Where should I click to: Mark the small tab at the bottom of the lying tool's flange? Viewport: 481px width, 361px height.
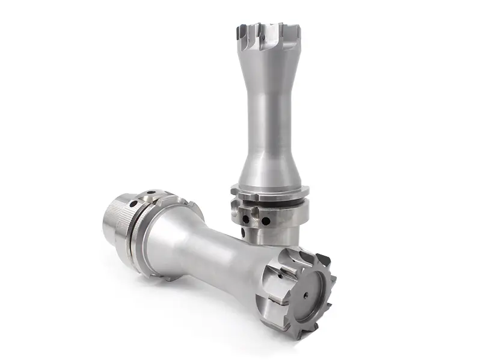click(x=158, y=275)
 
